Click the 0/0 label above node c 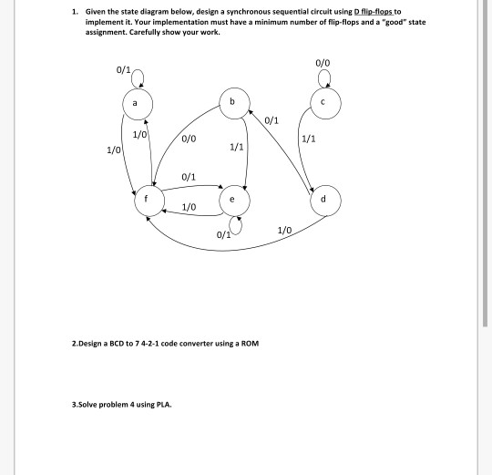pyautogui.click(x=323, y=63)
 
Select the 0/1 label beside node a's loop pyautogui.click(x=123, y=69)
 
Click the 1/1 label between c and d pyautogui.click(x=309, y=139)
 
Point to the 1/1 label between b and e pyautogui.click(x=237, y=147)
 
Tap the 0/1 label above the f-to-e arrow pyautogui.click(x=189, y=177)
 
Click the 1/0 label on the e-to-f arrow pyautogui.click(x=189, y=207)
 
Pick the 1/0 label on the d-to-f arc pyautogui.click(x=284, y=231)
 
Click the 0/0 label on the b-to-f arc pyautogui.click(x=189, y=139)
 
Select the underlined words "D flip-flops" pyautogui.click(x=373, y=12)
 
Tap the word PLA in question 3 pyautogui.click(x=164, y=405)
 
